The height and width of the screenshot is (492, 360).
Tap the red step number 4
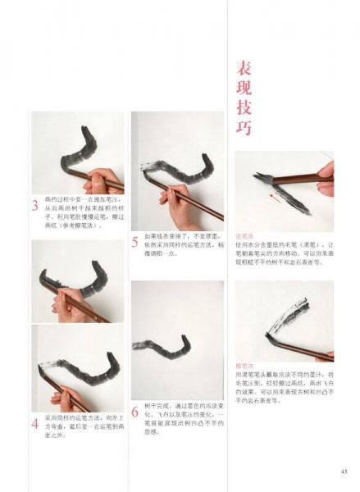coord(35,424)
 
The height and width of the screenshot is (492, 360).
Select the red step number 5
coord(134,242)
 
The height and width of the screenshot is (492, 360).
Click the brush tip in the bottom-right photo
coord(271,335)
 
